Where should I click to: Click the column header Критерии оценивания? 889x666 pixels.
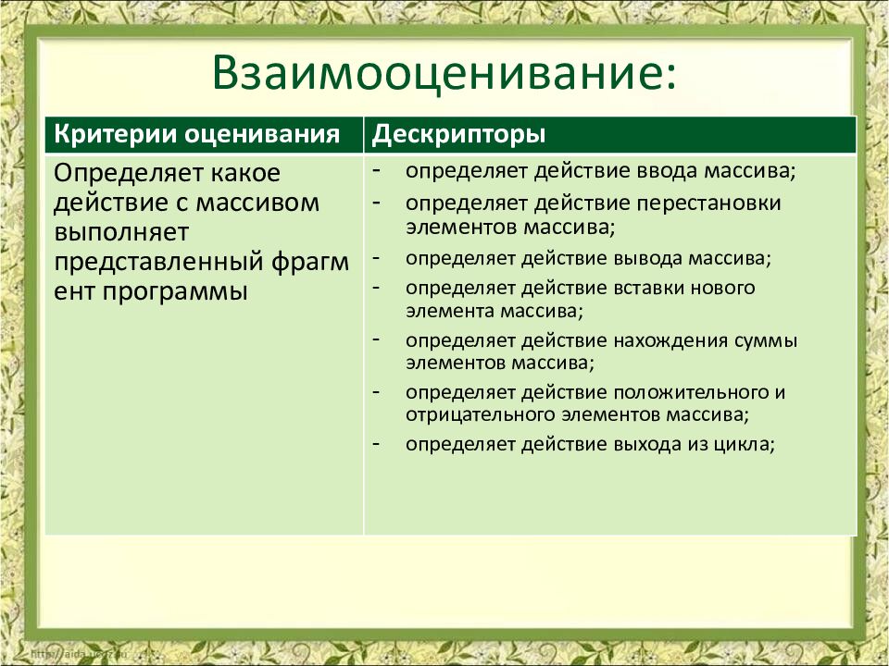coord(196,135)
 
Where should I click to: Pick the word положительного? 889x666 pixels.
coord(703,391)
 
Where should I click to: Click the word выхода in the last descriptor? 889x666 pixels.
coord(645,444)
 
